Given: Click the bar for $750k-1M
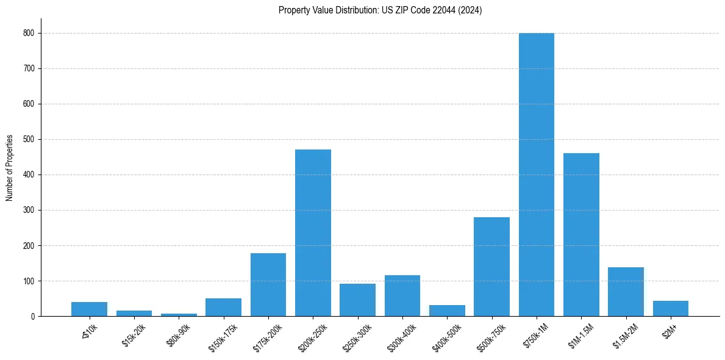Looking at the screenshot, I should [x=537, y=175].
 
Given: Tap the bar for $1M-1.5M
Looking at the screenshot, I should [x=581, y=235].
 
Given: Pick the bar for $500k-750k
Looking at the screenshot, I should [x=491, y=267].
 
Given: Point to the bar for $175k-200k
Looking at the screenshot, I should [x=268, y=285].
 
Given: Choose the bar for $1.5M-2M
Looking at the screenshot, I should [x=626, y=292].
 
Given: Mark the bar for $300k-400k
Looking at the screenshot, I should [x=402, y=296].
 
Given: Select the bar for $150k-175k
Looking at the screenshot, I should [x=224, y=308].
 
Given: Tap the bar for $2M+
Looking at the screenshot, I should [x=671, y=309].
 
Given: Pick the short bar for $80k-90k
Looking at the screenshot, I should [x=179, y=315].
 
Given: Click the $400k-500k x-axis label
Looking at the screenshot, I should [x=446, y=335].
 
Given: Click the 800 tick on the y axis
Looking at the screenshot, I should [x=29, y=34].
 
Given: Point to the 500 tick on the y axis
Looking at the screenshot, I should [x=29, y=140].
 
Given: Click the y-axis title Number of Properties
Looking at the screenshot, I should [x=9, y=167].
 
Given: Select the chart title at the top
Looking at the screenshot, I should [x=380, y=10].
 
